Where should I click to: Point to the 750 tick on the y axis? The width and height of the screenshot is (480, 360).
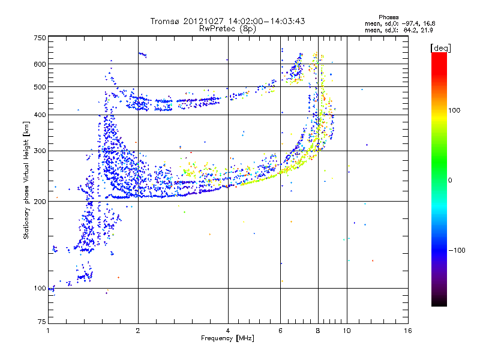pos(40,38)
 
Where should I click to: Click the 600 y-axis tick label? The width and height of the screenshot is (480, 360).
pos(40,64)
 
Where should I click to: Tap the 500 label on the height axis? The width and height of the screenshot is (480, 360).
pos(40,87)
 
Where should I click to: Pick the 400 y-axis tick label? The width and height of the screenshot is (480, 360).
pos(40,115)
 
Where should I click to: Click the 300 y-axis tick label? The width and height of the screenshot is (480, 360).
pos(40,151)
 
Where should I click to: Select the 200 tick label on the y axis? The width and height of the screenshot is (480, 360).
pos(40,202)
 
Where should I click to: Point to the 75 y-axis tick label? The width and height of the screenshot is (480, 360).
pos(41,322)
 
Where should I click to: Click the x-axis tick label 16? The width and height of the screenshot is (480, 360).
pos(408,331)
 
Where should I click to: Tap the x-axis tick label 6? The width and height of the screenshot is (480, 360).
pos(281,331)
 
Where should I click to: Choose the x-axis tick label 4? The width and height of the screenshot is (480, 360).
pos(228,331)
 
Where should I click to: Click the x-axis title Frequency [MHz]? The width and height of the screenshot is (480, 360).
pos(228,338)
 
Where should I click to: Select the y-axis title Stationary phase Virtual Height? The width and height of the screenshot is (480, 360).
pos(26,179)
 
